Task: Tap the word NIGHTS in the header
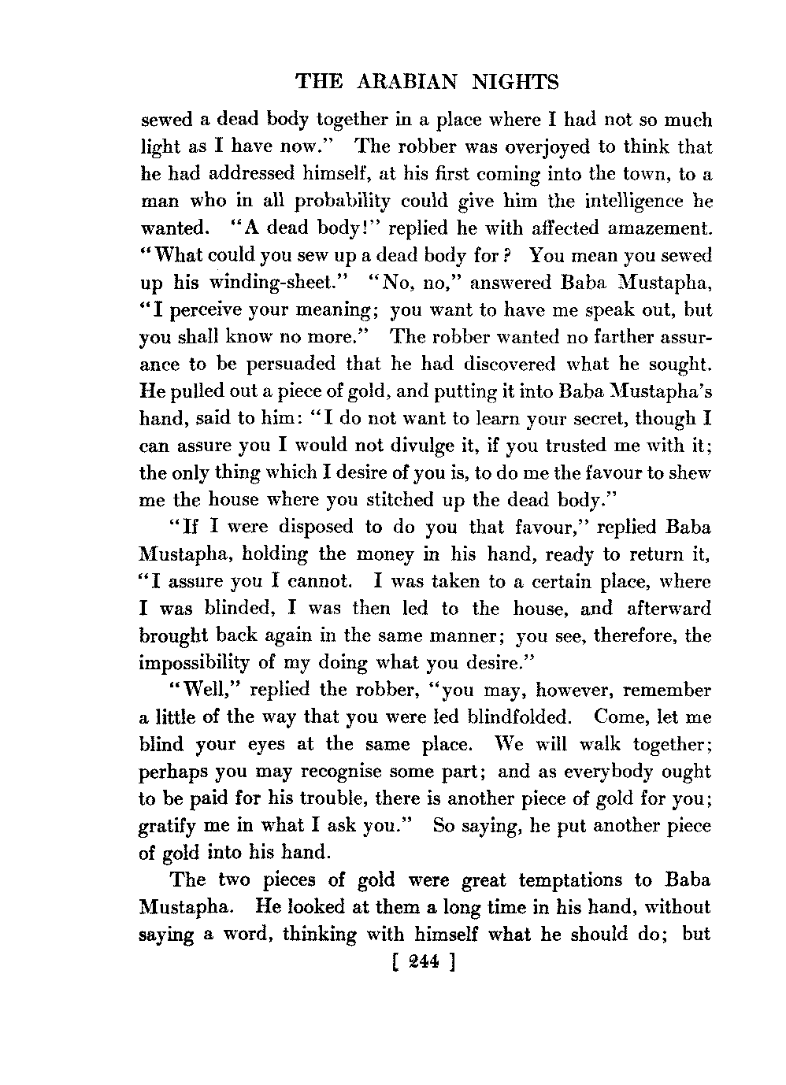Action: pos(519,82)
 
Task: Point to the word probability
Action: pos(342,202)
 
